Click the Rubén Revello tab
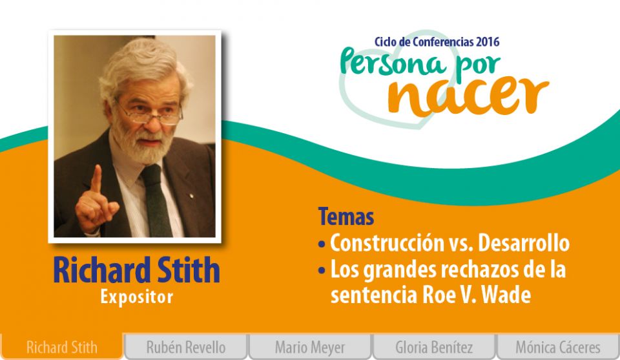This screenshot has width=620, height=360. coord(186,347)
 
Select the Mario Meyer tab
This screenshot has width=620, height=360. coord(310,347)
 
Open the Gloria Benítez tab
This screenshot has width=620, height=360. coord(434,347)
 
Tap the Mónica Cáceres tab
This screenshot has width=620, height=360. coord(558,347)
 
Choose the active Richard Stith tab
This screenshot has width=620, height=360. coord(62,347)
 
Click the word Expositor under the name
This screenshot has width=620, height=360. coord(136,297)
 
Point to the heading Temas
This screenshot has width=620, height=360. coord(346,217)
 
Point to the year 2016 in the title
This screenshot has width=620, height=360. coord(488,41)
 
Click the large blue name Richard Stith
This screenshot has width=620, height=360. coord(136,270)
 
